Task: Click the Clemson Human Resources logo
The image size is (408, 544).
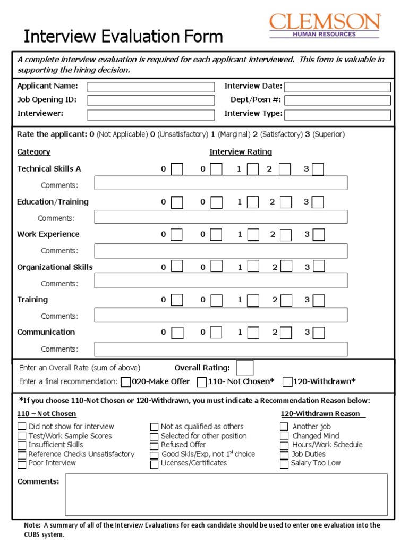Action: click(x=325, y=25)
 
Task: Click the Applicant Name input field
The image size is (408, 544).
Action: click(x=151, y=87)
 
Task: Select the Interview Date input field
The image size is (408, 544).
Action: click(x=337, y=87)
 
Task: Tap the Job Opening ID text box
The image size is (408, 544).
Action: click(x=151, y=100)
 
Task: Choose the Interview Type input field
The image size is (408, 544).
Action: click(x=337, y=114)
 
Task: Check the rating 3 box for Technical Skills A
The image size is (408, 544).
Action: click(x=318, y=169)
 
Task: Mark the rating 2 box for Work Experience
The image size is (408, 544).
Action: click(x=285, y=235)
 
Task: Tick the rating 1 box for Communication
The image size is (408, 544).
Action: click(x=253, y=333)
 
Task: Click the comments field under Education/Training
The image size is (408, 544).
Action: click(x=221, y=217)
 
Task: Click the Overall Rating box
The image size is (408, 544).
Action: click(x=245, y=368)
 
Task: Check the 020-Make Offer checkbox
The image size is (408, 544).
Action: click(x=126, y=382)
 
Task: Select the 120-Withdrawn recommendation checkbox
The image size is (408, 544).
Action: click(x=287, y=382)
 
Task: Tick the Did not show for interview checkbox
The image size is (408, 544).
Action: click(x=22, y=427)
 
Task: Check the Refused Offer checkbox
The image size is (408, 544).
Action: click(x=154, y=445)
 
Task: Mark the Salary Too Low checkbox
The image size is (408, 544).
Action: click(x=284, y=464)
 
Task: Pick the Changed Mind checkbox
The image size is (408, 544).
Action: click(x=284, y=436)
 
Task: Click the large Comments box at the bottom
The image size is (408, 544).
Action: click(x=226, y=495)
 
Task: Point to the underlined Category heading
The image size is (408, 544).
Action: click(x=34, y=152)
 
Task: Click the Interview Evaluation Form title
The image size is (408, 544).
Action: click(x=123, y=37)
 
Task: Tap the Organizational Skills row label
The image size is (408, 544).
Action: click(x=55, y=267)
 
